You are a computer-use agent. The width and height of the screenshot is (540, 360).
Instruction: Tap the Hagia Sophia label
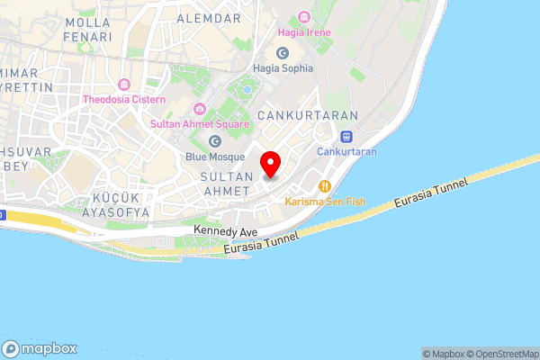(283, 67)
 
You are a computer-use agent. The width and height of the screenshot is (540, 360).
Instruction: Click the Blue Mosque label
(214, 156)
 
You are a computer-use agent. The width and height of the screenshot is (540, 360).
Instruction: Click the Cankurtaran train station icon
(346, 136)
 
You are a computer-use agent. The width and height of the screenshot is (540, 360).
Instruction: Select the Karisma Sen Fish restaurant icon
(322, 187)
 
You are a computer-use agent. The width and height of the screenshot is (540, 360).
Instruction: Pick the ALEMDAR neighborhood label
(209, 18)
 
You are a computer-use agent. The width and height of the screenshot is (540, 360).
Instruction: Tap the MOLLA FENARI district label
(88, 29)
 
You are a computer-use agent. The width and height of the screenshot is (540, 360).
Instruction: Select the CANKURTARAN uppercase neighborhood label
(308, 116)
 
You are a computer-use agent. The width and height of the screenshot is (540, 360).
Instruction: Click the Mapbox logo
(40, 349)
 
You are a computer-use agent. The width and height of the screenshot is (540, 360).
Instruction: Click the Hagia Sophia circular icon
(283, 52)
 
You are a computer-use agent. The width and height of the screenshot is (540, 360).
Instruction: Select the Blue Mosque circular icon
(214, 140)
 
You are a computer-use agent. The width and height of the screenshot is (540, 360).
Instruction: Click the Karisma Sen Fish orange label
(321, 202)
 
